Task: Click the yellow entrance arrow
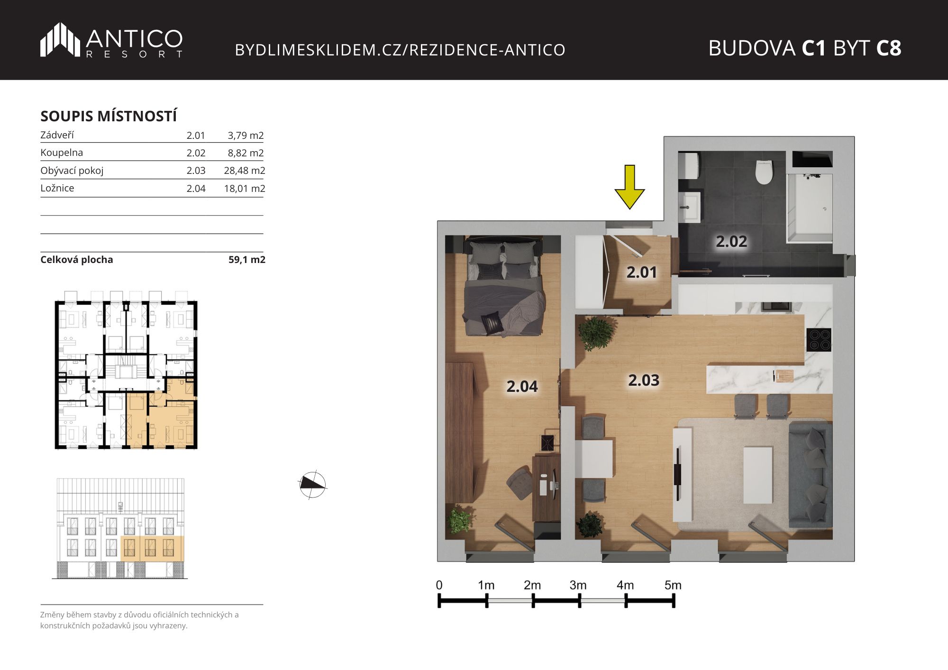coord(629,187)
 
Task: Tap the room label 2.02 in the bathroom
coord(731,242)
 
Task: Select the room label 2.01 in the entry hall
coord(642,272)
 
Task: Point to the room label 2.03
coord(644,380)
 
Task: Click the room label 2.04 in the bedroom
coord(522,387)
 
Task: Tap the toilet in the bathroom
coord(764,172)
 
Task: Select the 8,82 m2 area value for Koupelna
coord(246,153)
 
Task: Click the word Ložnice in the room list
coord(57,188)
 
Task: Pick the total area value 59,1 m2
coord(247,260)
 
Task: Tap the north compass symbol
coord(312,484)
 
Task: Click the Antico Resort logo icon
coord(60,39)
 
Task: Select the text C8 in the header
coord(888,48)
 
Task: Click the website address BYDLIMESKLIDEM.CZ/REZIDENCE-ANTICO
coord(400,50)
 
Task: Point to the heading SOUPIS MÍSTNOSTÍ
coord(109,116)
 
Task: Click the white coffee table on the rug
coord(757,475)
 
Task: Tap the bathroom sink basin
coord(689,207)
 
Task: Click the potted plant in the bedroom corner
coord(459,520)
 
